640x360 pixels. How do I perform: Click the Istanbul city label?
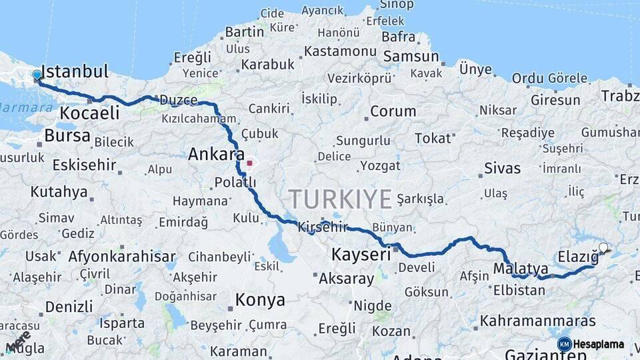pyautogui.click(x=75, y=71)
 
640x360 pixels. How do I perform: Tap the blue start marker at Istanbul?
pyautogui.click(x=37, y=75)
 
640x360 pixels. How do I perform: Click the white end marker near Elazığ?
pyautogui.click(x=603, y=248)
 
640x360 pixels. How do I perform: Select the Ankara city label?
pyautogui.click(x=216, y=155)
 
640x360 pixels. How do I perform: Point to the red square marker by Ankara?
pyautogui.click(x=250, y=163)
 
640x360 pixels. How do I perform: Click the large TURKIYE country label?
pyautogui.click(x=340, y=199)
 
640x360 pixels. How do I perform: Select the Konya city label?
pyautogui.click(x=260, y=300)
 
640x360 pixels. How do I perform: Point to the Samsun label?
pyautogui.click(x=411, y=57)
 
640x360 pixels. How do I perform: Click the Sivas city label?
pyautogui.click(x=503, y=167)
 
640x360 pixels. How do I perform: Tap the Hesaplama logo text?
pyautogui.click(x=599, y=344)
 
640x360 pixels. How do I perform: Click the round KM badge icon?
pyautogui.click(x=564, y=344)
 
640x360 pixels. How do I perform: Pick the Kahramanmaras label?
pyautogui.click(x=537, y=321)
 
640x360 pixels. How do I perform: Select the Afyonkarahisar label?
pyautogui.click(x=122, y=256)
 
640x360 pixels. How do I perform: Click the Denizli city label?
pyautogui.click(x=69, y=307)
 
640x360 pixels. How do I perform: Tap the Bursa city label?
pyautogui.click(x=67, y=136)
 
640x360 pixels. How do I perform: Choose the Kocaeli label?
pyautogui.click(x=89, y=113)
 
